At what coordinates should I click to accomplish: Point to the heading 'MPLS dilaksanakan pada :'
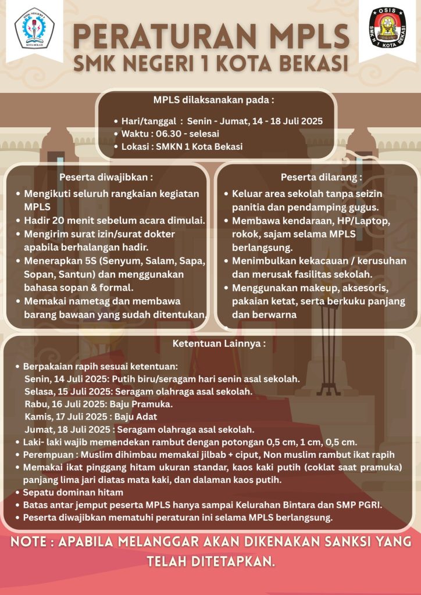[213, 99]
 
